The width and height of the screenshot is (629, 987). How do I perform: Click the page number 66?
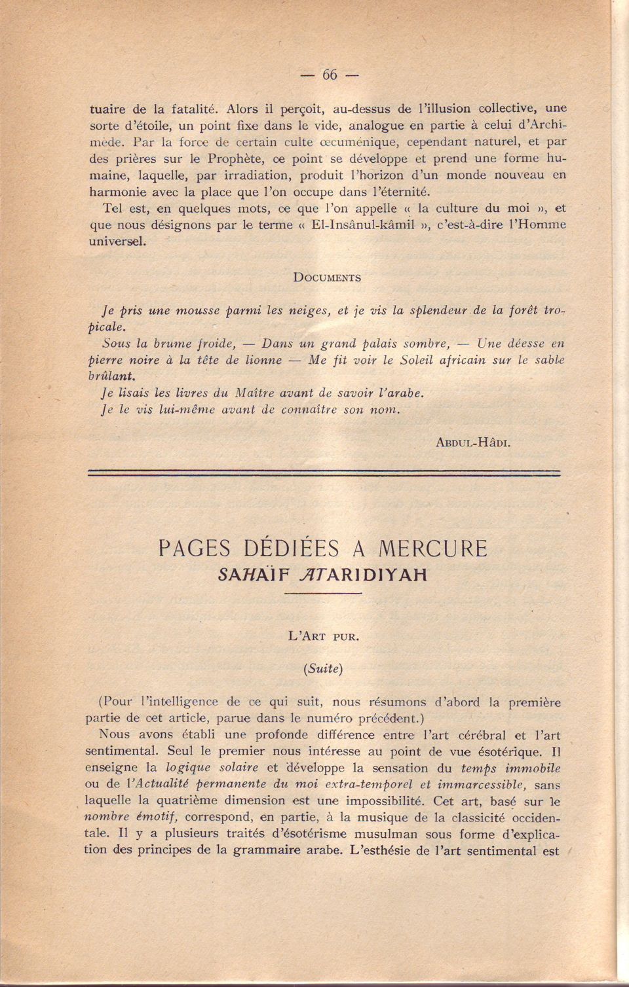click(x=330, y=75)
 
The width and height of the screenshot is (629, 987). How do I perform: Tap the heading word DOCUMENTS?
click(x=326, y=278)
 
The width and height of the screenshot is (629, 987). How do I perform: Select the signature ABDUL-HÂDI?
click(x=472, y=442)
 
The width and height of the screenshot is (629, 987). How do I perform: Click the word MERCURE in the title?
click(x=433, y=548)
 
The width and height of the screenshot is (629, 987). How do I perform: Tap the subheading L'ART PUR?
click(x=324, y=636)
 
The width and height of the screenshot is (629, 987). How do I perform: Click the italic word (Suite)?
click(x=323, y=668)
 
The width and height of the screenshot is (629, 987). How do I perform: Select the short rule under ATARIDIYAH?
click(x=323, y=594)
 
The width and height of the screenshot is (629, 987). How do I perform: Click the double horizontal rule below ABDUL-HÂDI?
click(x=324, y=473)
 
